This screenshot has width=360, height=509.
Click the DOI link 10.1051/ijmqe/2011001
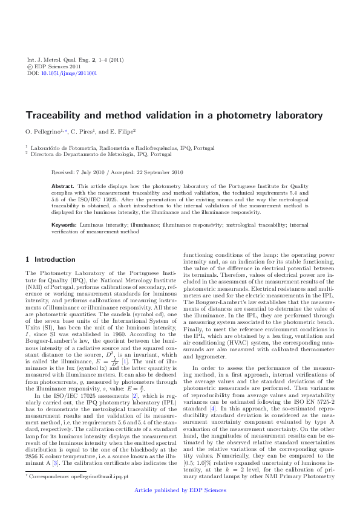69,73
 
